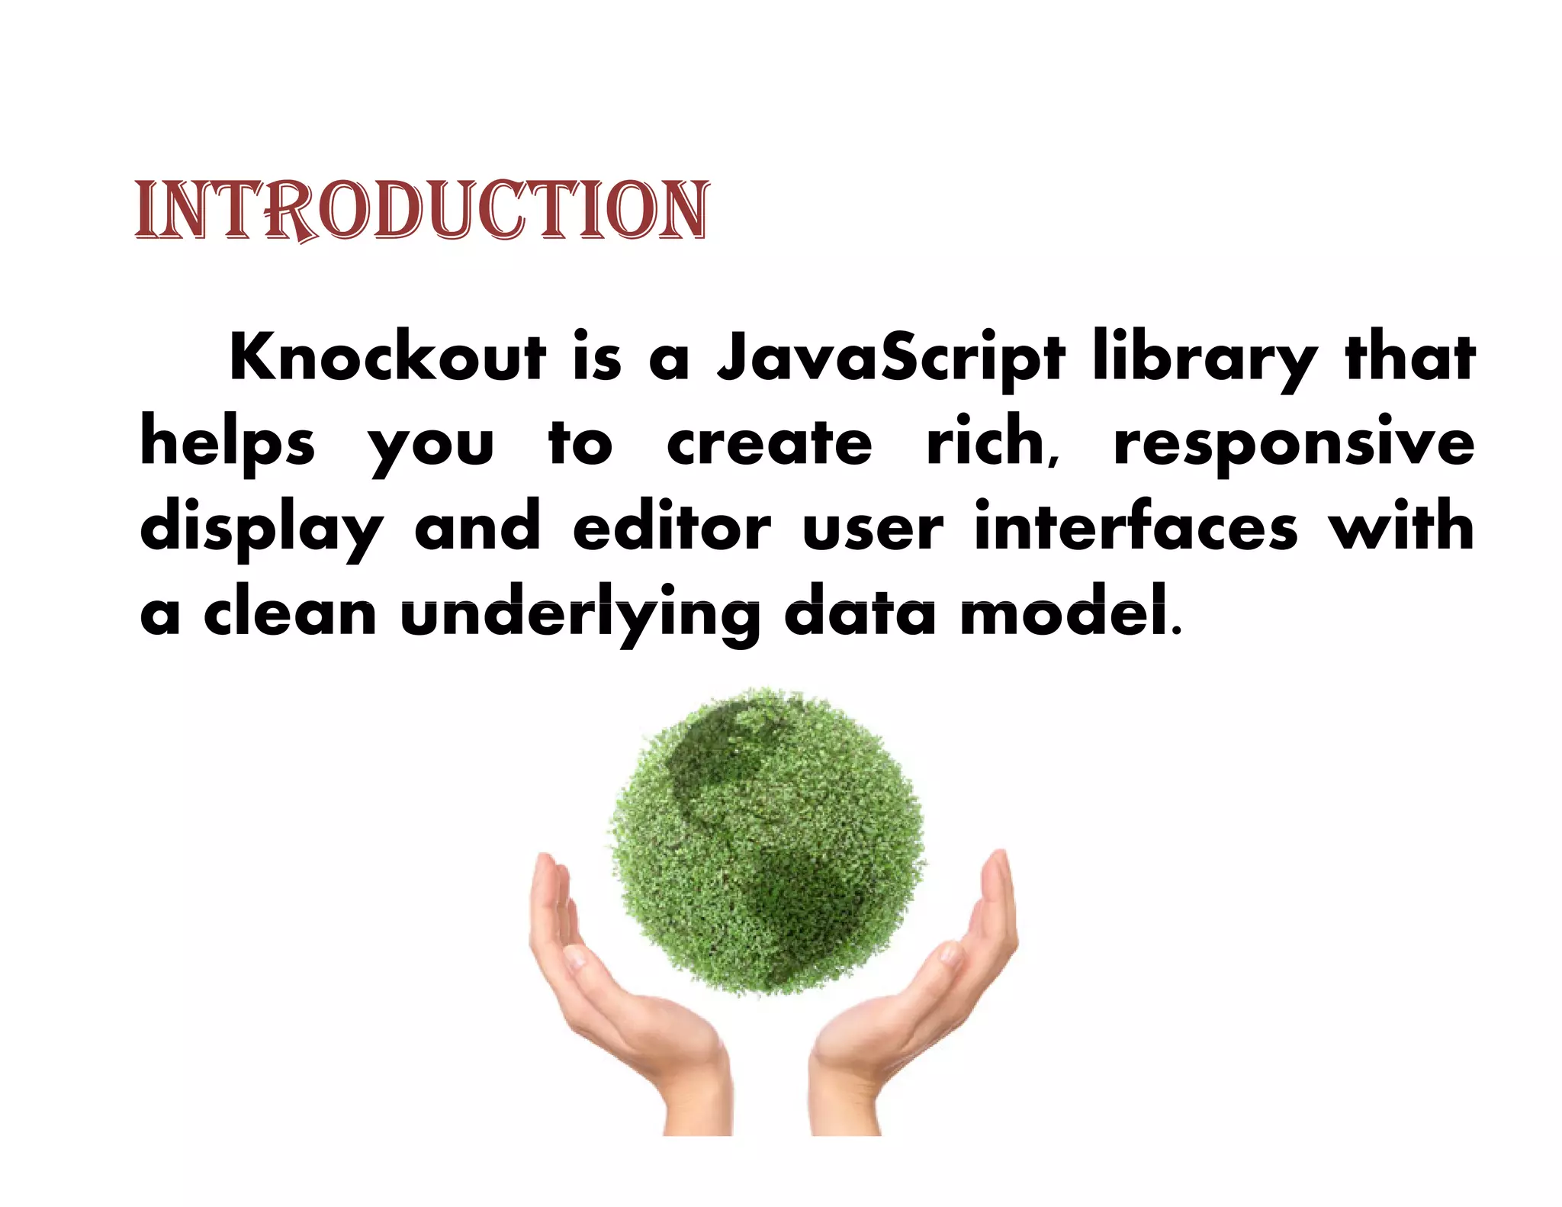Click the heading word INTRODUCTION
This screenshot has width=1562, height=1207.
pos(422,211)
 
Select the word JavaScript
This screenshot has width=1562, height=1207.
pos(890,359)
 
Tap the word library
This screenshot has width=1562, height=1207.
pos(1205,359)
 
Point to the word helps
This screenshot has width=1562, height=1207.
pos(227,444)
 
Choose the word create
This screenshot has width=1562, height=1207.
pos(769,444)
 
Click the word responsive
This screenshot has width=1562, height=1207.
pos(1294,444)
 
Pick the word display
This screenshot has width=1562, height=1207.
pos(262,529)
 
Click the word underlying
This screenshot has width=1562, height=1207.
pos(580,614)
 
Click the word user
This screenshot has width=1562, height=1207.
pos(873,528)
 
